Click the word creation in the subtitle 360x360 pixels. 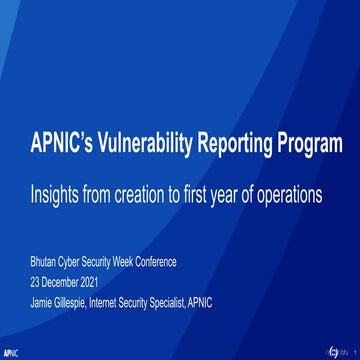(140, 193)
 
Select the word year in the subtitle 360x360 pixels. (226, 193)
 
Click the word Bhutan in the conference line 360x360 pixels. (44, 262)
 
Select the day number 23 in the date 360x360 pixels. (35, 278)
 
